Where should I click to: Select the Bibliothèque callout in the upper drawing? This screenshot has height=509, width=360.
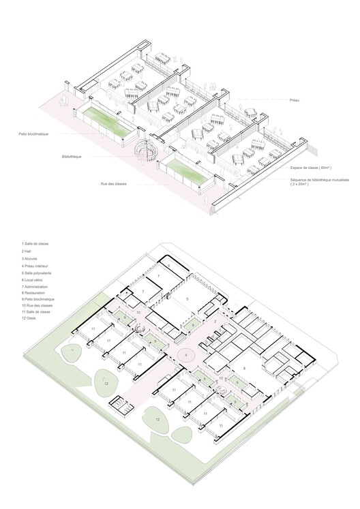71,157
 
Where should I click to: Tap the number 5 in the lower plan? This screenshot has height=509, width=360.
187,298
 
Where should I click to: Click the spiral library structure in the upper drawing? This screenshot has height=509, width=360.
145,149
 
